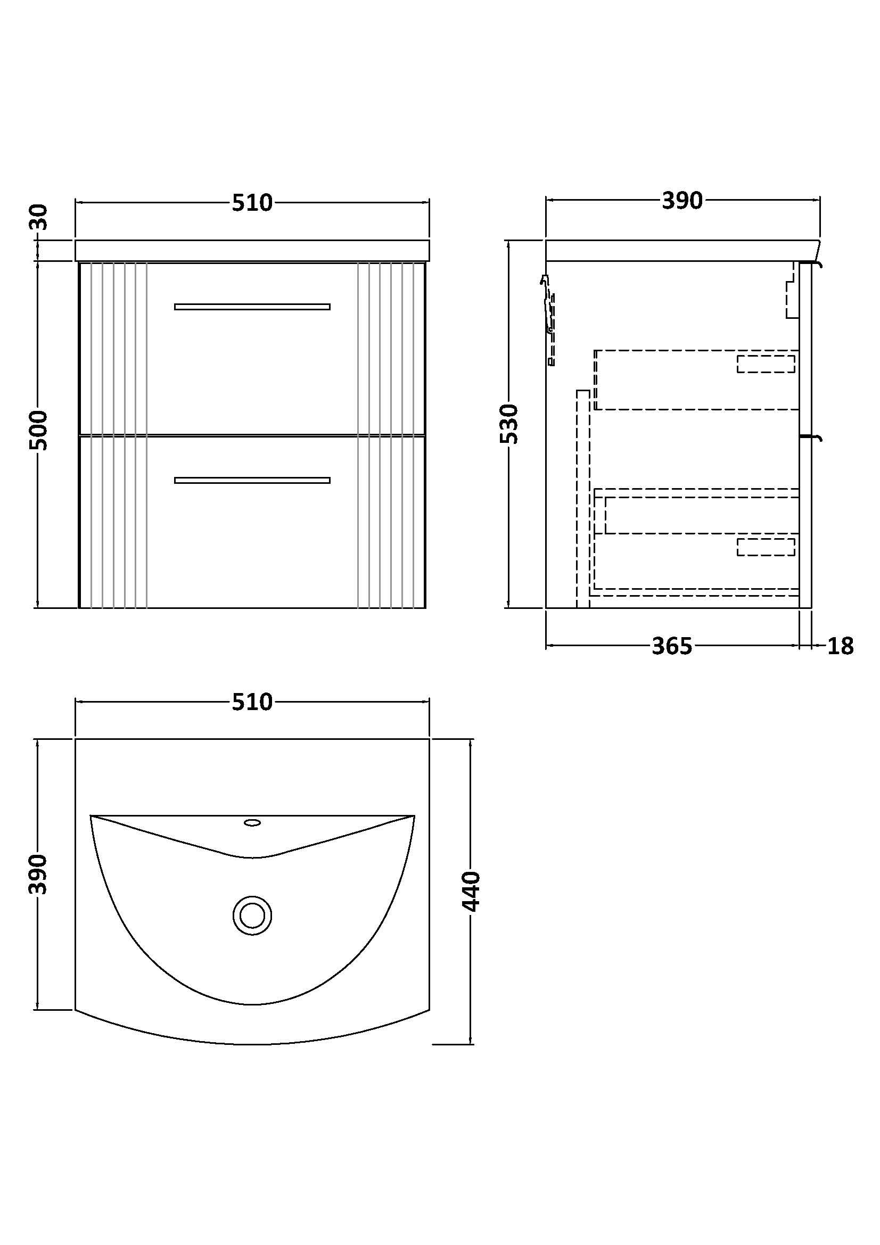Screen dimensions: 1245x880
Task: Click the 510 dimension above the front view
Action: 252,203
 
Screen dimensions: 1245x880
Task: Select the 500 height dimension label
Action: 39,431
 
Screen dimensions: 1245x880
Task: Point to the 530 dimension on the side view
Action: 509,424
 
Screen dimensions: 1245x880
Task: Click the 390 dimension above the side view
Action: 681,201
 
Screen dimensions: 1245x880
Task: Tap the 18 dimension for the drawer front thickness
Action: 840,646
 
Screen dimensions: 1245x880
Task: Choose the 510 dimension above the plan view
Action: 252,702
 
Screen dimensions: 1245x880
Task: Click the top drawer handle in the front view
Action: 252,307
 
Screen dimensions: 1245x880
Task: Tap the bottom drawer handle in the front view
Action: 252,481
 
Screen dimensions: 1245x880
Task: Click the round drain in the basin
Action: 252,916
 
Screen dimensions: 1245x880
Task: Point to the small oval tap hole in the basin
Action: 252,822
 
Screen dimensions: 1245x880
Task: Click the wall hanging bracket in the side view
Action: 549,320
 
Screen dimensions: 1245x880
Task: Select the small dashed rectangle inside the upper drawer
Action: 766,364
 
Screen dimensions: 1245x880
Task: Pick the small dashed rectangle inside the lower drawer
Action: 766,547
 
